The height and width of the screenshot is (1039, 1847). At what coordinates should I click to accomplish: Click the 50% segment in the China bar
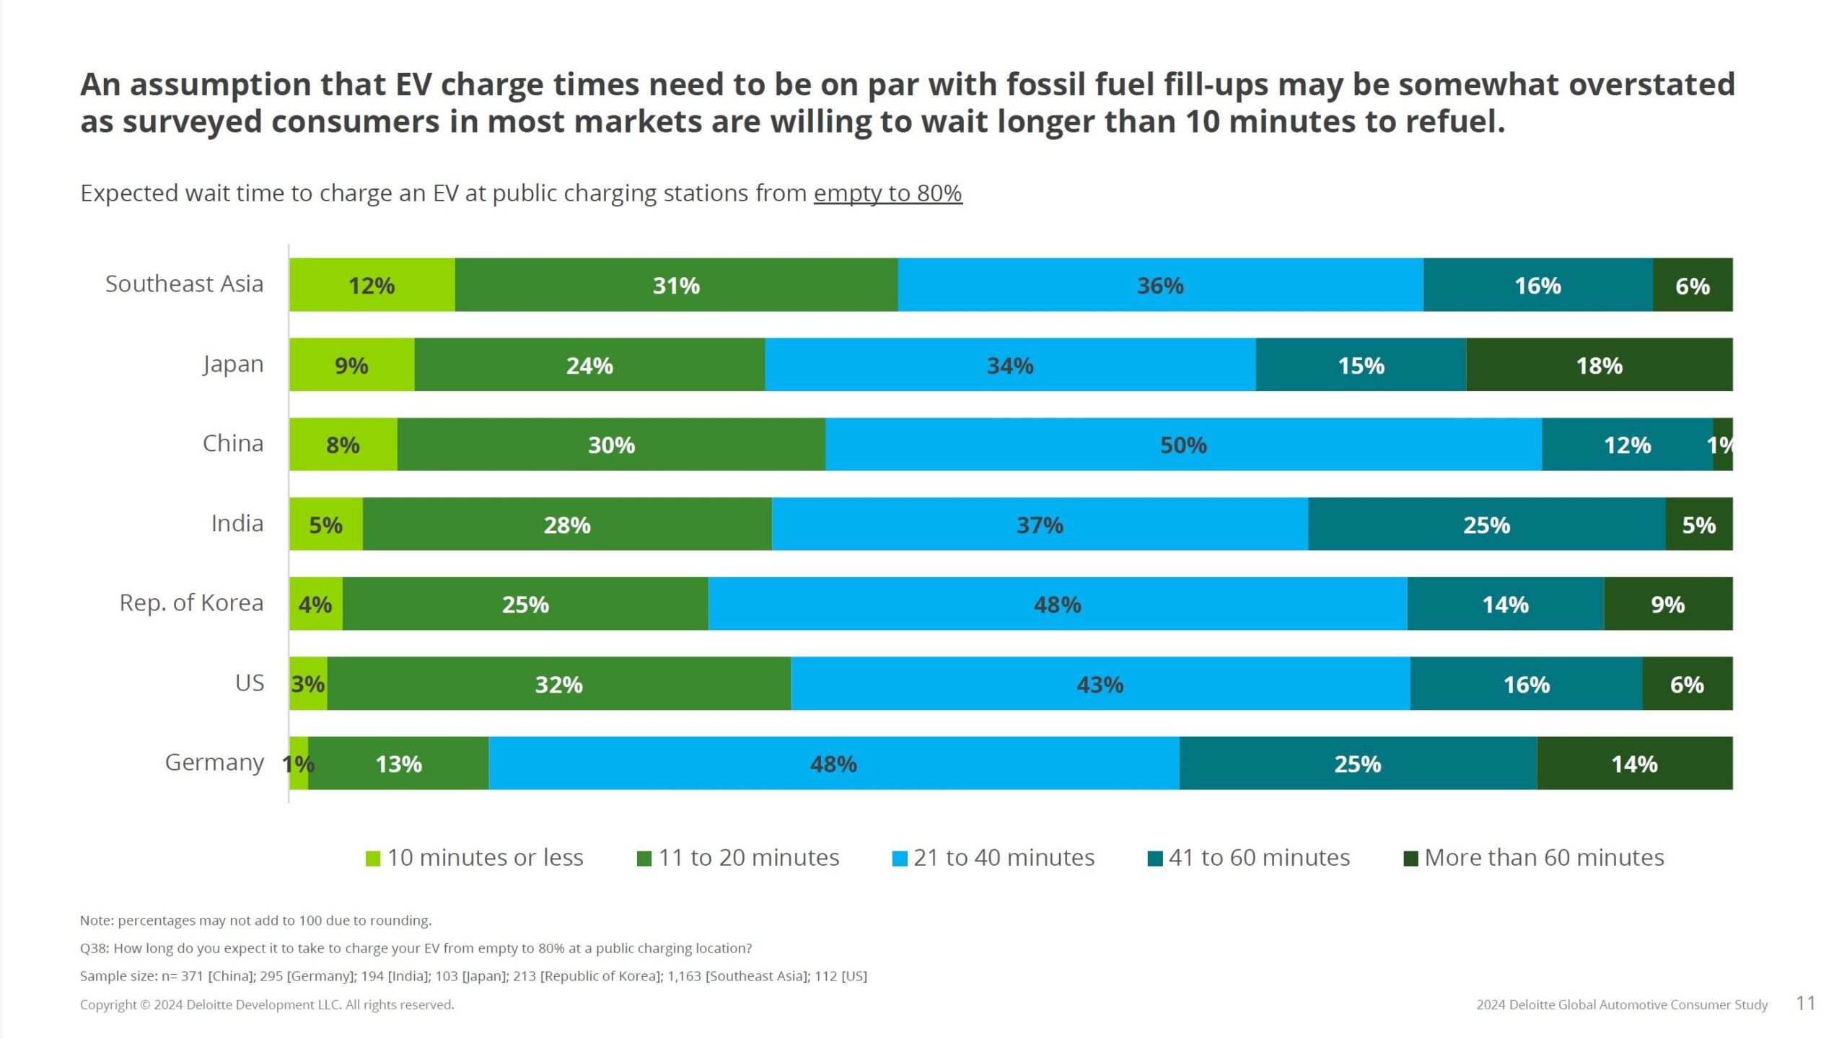(x=1183, y=444)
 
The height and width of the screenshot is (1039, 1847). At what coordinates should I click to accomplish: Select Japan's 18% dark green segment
(x=1599, y=365)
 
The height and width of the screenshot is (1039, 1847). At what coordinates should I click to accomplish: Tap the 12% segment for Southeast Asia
(x=372, y=286)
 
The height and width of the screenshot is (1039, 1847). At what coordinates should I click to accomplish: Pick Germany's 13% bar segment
(x=398, y=763)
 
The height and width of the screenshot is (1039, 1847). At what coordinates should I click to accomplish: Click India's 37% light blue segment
(x=1039, y=525)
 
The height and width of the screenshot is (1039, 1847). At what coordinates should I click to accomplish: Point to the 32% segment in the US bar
(x=558, y=684)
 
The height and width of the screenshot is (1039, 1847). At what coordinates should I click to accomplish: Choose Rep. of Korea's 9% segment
(x=1667, y=604)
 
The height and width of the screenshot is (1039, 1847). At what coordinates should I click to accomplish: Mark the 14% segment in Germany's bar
(x=1634, y=763)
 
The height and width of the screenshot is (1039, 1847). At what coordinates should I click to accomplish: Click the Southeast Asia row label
(x=184, y=284)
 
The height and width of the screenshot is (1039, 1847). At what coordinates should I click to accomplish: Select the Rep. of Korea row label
(x=191, y=602)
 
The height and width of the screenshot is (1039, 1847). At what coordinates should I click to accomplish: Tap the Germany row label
(x=214, y=762)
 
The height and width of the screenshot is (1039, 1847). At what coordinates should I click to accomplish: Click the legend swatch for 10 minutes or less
(x=373, y=859)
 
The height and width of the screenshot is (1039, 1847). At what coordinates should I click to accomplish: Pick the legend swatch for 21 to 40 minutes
(x=900, y=859)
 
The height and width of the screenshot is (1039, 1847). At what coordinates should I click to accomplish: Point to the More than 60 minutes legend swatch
(x=1411, y=859)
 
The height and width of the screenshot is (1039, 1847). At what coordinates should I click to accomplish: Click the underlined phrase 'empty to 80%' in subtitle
(x=887, y=193)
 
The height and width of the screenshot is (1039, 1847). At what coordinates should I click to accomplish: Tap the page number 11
(x=1805, y=1004)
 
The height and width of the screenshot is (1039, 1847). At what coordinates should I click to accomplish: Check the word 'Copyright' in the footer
(x=108, y=1004)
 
